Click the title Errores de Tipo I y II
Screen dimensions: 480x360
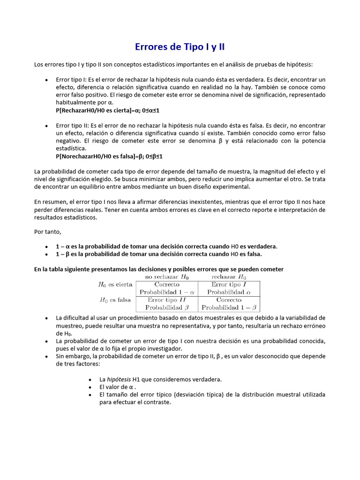(x=180, y=47)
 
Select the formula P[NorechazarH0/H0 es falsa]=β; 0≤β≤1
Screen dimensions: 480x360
(x=109, y=156)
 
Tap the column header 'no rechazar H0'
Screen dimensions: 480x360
(x=167, y=277)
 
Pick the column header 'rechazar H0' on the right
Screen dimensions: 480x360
(x=229, y=277)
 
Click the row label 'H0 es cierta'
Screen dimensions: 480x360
(x=115, y=285)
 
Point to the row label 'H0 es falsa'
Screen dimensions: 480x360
(x=115, y=300)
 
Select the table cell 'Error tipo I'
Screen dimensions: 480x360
(x=229, y=285)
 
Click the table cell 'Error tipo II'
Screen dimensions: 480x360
(x=167, y=300)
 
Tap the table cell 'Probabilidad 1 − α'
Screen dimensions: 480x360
(x=167, y=292)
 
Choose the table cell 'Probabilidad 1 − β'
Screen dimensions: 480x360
(x=229, y=308)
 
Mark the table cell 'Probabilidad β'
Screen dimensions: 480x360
(x=167, y=308)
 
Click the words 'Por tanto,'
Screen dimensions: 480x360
(x=48, y=232)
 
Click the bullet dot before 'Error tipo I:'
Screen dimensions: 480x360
(x=46, y=80)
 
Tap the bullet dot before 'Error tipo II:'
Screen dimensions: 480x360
(x=46, y=126)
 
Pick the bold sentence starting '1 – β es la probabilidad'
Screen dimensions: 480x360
(x=159, y=254)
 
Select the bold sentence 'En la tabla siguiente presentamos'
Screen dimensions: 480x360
(x=159, y=269)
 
